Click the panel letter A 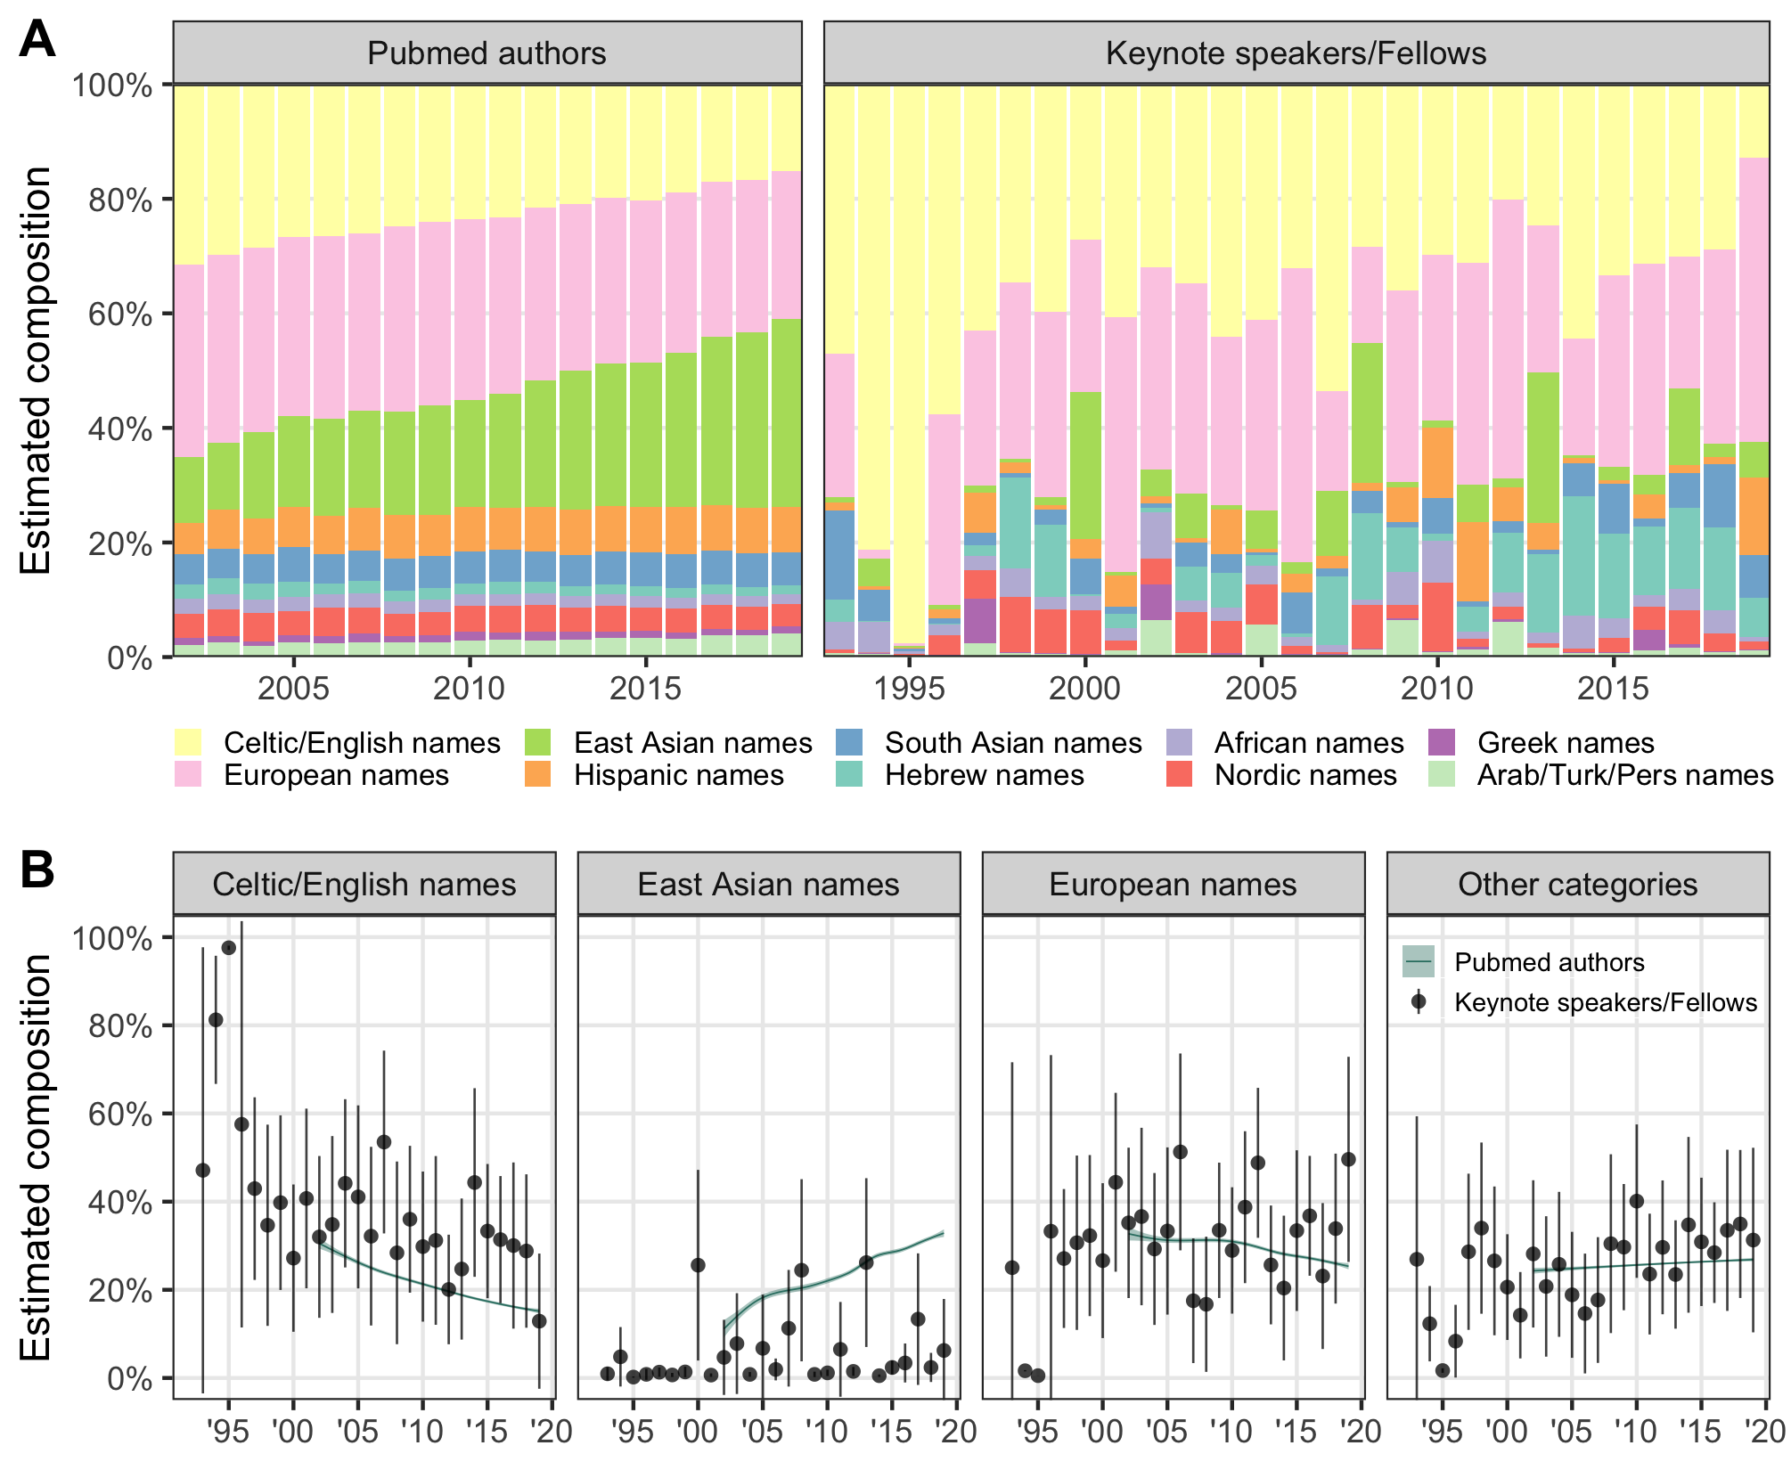tap(37, 40)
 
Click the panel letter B tap(37, 870)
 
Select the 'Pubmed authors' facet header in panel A tap(487, 53)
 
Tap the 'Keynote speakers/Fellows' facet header tap(1296, 53)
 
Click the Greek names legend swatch tap(1441, 742)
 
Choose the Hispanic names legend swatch tap(537, 774)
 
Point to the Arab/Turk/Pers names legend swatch tap(1441, 774)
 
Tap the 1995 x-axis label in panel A tap(909, 689)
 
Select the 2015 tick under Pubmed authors tap(645, 689)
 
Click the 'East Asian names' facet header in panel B tap(768, 885)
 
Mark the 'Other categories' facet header tap(1577, 885)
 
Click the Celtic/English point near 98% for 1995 tap(228, 948)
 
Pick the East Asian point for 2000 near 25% tap(698, 1265)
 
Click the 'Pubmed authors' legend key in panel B tap(1418, 962)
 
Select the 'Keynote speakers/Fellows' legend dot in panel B tap(1418, 1002)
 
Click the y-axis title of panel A tap(37, 371)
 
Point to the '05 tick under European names tap(1166, 1433)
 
